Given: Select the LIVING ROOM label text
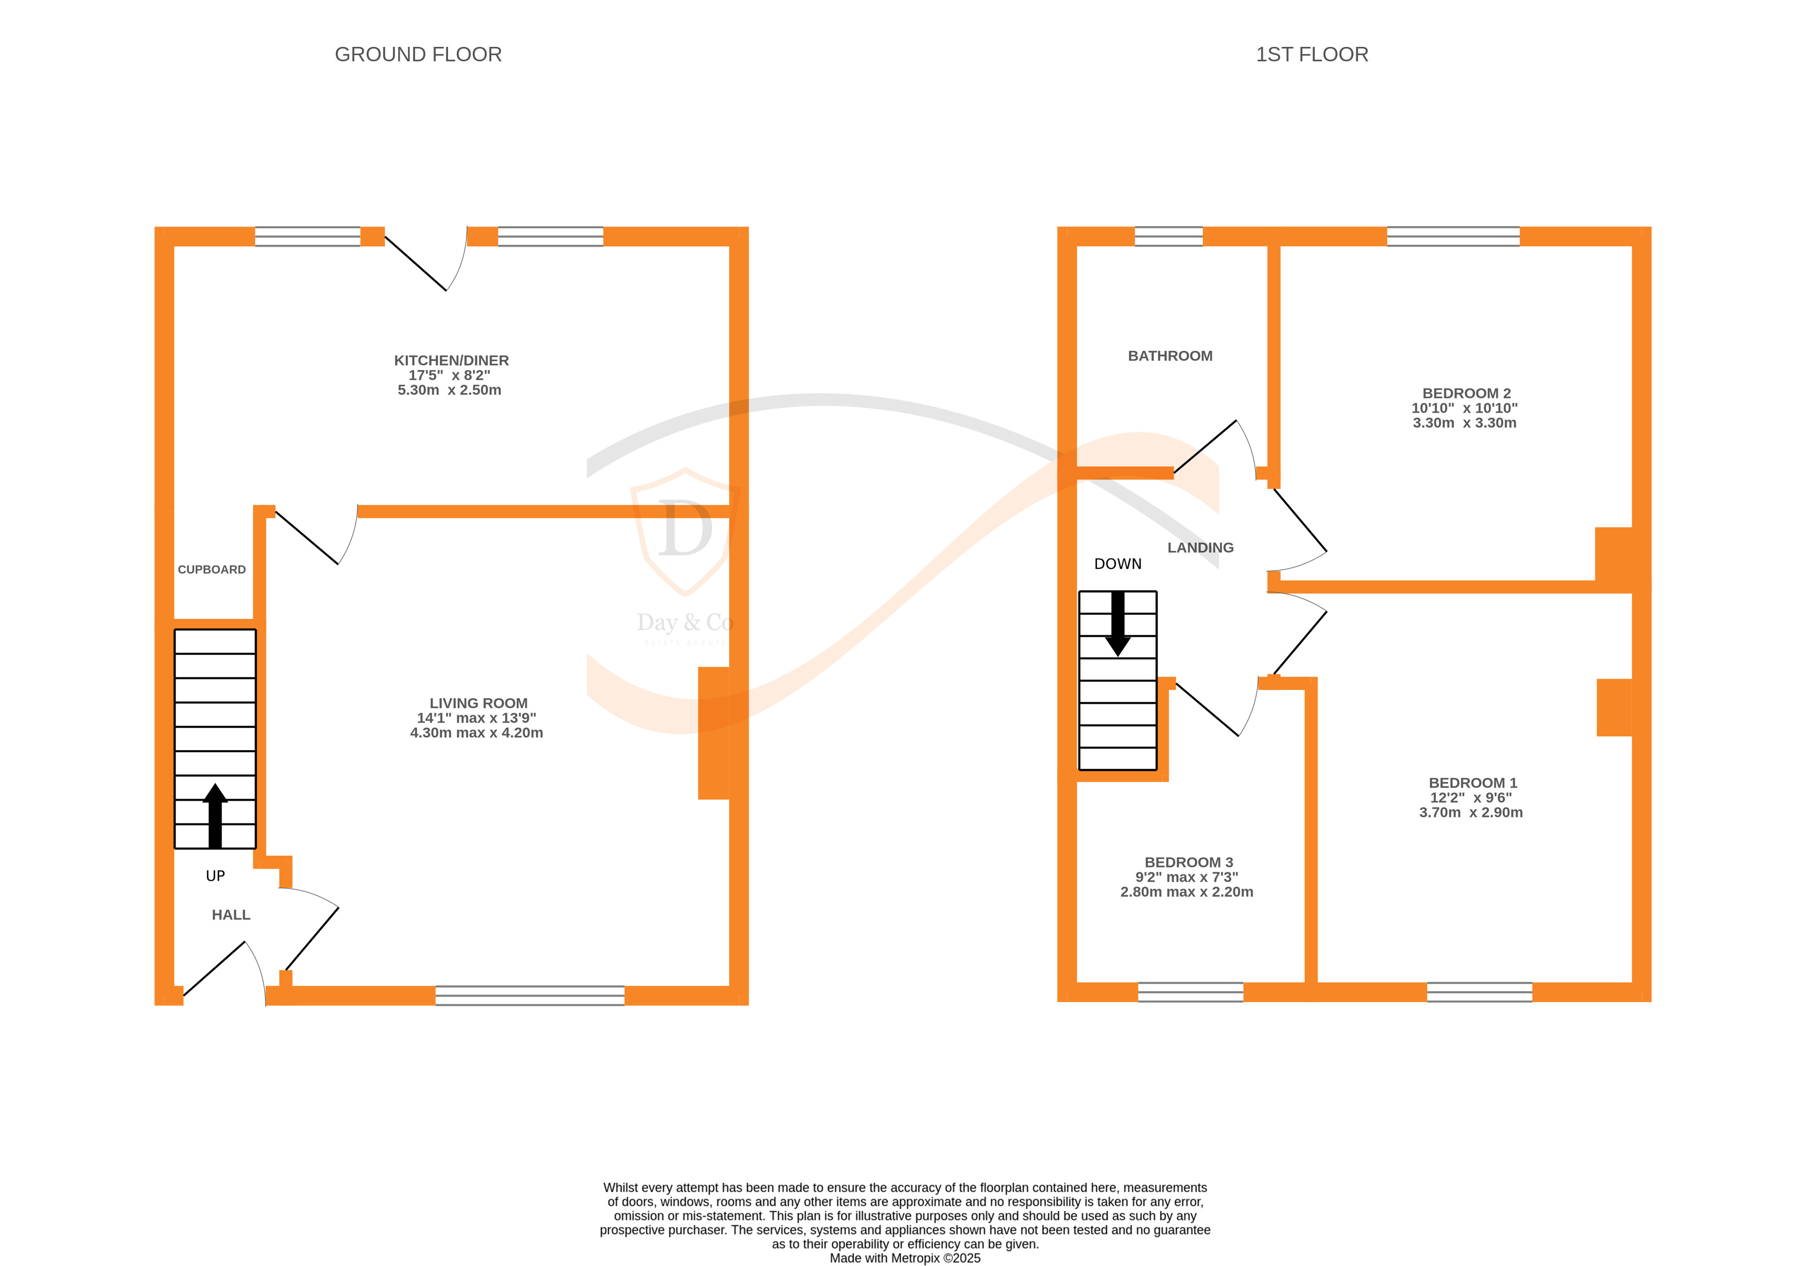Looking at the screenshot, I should tap(478, 703).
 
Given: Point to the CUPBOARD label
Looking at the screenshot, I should tap(212, 570).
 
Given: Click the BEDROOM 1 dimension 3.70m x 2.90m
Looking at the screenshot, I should tap(1470, 812).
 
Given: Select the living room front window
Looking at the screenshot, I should tap(529, 995).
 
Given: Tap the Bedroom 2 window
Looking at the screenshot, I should tap(1453, 236).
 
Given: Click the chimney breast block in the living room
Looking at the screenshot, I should tap(713, 733).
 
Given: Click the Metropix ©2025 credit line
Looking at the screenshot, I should tap(905, 1257).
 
